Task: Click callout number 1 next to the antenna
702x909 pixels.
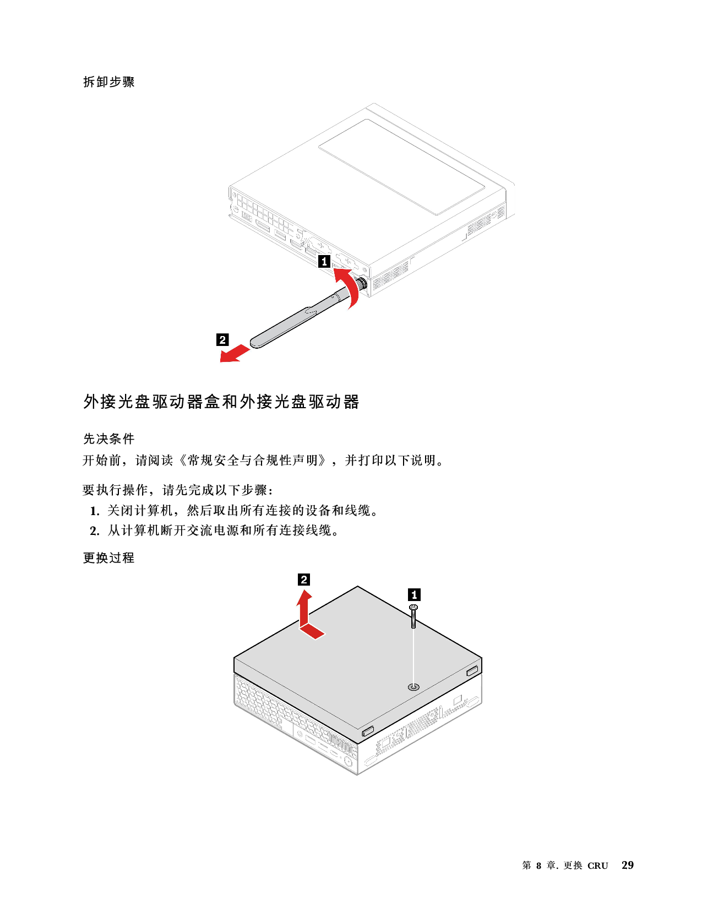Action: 325,262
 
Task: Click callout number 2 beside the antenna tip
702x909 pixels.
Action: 222,340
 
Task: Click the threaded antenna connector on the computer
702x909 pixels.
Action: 362,283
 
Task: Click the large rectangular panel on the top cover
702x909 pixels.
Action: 401,167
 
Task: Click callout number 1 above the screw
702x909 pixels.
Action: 414,595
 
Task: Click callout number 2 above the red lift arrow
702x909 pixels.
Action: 303,580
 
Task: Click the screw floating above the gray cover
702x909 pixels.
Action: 413,615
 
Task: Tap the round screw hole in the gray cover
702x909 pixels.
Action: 413,687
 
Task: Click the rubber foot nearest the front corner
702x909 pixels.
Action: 368,732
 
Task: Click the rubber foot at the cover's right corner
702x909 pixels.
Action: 472,671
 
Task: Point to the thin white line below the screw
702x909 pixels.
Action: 413,656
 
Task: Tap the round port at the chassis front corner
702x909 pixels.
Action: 348,763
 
